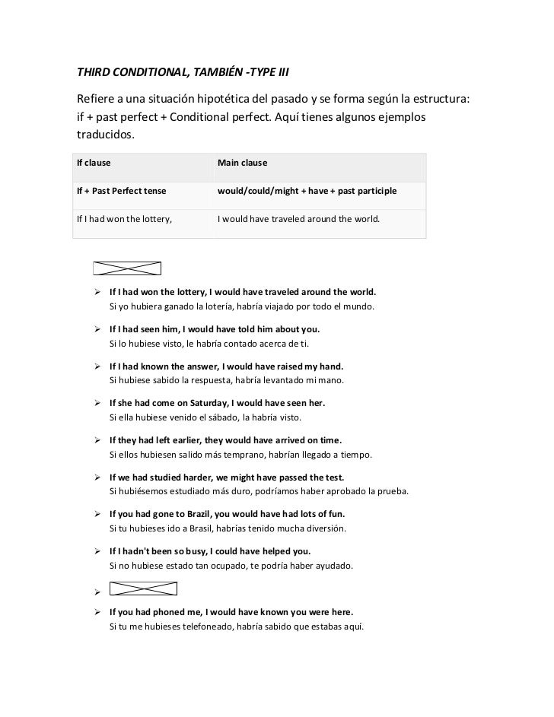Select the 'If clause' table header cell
(94, 163)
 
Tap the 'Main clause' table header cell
(241, 163)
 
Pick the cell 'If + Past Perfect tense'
(122, 190)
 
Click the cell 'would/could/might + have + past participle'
(307, 190)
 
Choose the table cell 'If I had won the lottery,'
(125, 219)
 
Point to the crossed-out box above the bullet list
(127, 268)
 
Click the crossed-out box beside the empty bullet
(143, 589)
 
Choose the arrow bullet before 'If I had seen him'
(98, 330)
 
